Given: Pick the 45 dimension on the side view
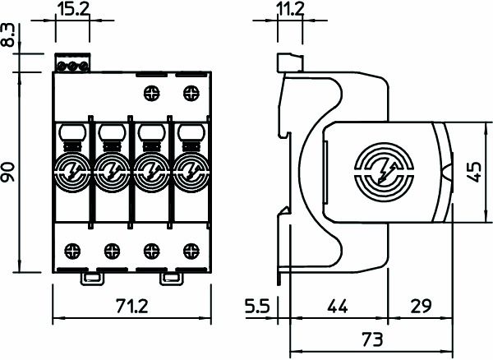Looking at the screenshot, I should click(473, 173).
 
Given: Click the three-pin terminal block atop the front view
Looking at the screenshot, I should click(71, 63).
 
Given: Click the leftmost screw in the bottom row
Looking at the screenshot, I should click(71, 249).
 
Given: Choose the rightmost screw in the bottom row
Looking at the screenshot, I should click(191, 249).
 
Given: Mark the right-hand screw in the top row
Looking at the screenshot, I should click(191, 92).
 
